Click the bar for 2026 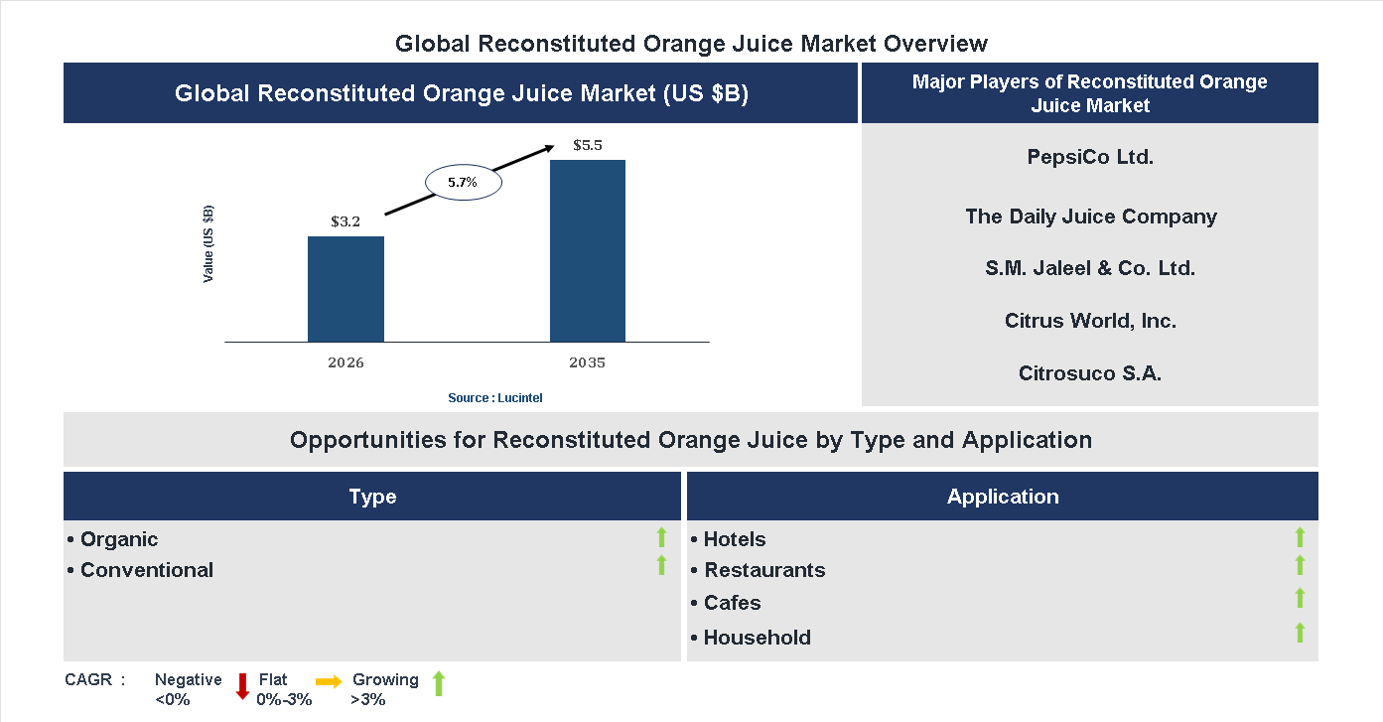pos(346,289)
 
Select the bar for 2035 pos(588,250)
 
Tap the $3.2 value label pos(346,221)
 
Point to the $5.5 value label pos(588,145)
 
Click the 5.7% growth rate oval pos(464,183)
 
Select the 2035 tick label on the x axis pos(588,362)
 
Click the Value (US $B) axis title pos(208,243)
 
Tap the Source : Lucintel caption pos(495,397)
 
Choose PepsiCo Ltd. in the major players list pos(1090,157)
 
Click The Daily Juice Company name pos(1090,217)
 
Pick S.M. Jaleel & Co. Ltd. pos(1090,268)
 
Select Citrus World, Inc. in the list pos(1090,321)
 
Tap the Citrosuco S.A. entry pos(1090,373)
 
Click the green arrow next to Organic pos(661,538)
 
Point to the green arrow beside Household pos(1300,633)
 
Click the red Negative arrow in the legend pos(242,685)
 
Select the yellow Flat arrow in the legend pos(329,681)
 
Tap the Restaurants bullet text pos(764,570)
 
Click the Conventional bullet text pos(147,570)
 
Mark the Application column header pos(1003,497)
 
